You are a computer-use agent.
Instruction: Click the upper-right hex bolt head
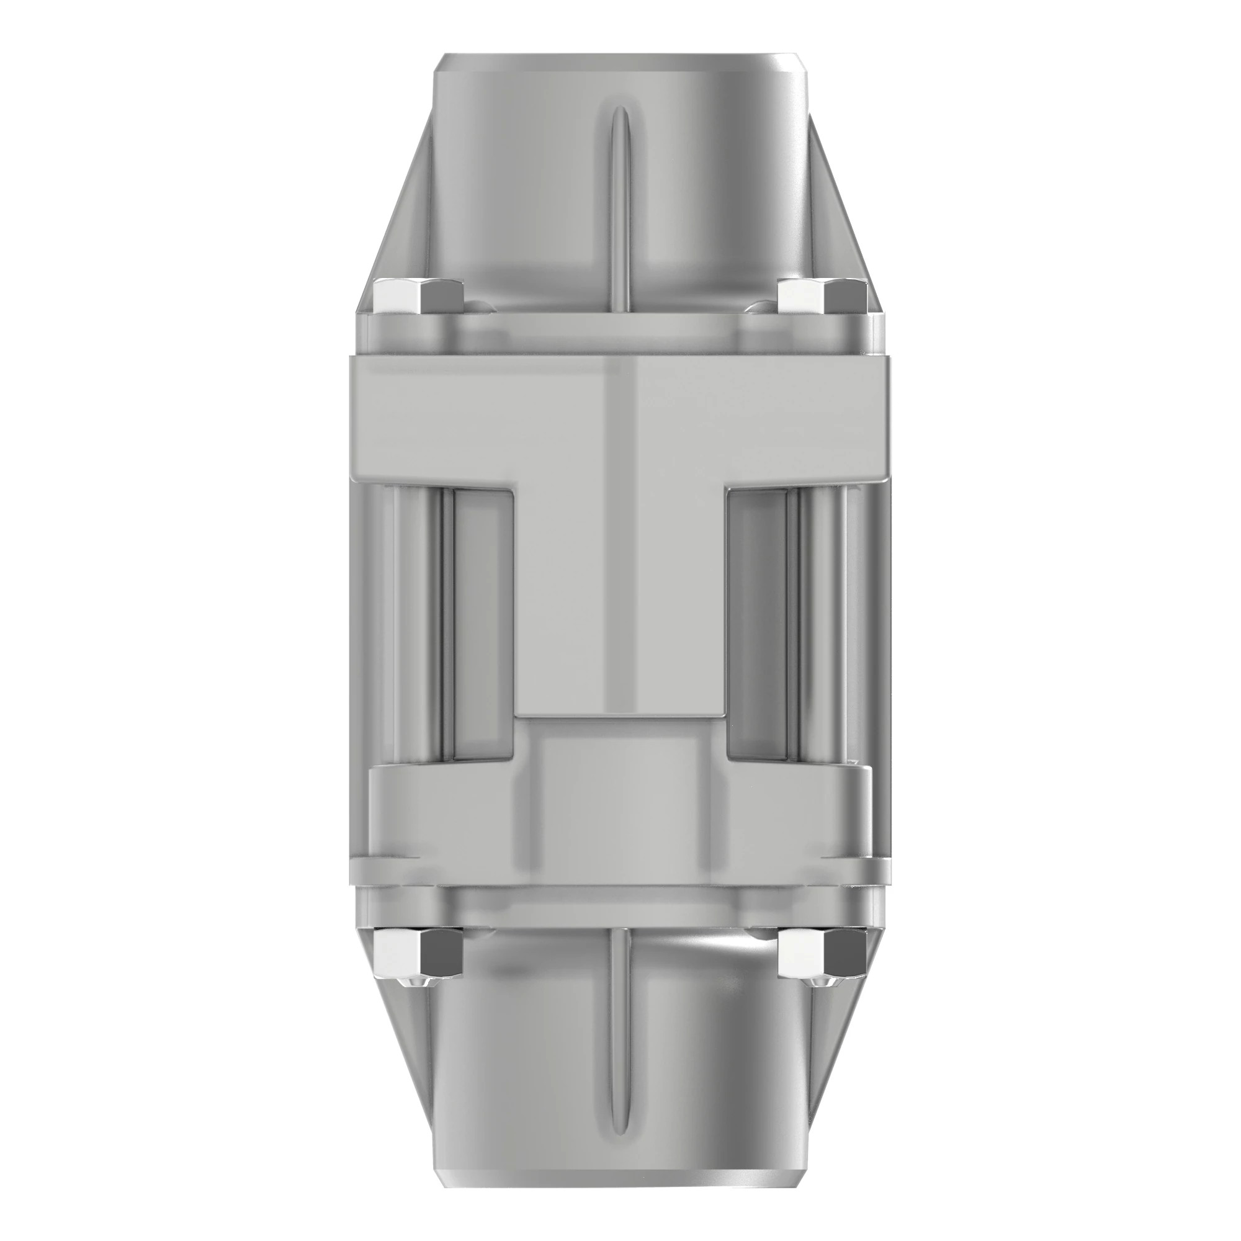pyautogui.click(x=822, y=297)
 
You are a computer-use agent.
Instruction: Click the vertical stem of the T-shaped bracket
pyautogui.click(x=620, y=598)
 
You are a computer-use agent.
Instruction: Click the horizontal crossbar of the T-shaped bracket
pyautogui.click(x=620, y=418)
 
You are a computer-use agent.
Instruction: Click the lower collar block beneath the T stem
pyautogui.click(x=620, y=797)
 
